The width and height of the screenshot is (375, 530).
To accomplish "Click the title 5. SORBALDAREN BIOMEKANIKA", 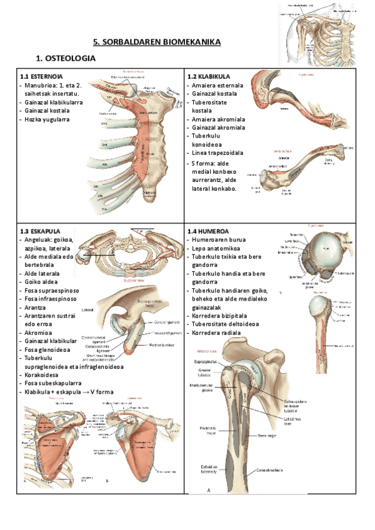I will tap(157, 42).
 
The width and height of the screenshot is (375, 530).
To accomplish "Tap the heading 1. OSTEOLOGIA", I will tap(66, 59).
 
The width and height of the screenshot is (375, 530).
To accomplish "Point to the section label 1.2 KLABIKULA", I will tap(210, 77).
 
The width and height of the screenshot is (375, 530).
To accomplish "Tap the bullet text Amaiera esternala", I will tap(217, 85).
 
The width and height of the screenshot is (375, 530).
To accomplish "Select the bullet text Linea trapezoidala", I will tap(217, 152).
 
